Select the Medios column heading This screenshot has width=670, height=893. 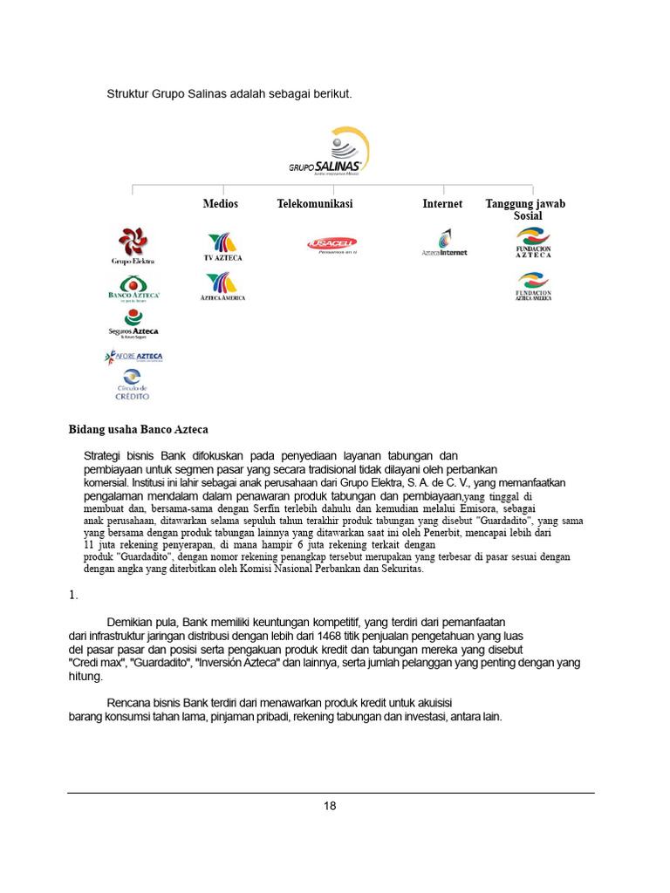point(221,203)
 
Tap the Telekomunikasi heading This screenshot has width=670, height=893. point(315,203)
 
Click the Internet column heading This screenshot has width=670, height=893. point(442,203)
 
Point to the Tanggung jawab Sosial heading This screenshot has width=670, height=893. point(526,209)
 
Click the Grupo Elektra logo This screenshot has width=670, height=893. point(133,245)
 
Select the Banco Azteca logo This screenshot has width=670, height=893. point(133,288)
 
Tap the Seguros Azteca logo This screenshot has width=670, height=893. point(133,324)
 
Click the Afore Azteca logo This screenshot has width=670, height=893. point(133,357)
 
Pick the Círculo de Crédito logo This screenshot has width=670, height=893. point(132,384)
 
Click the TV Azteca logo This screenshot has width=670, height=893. point(222,247)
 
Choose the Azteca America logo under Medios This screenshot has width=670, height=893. point(222,287)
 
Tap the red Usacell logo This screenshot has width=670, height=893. point(332,244)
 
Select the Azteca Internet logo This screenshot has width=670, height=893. point(444,243)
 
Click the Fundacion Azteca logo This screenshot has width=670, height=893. point(533,242)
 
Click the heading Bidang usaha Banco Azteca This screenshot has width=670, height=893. point(139,429)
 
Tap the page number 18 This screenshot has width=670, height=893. point(330,806)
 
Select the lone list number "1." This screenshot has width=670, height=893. point(74,596)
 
